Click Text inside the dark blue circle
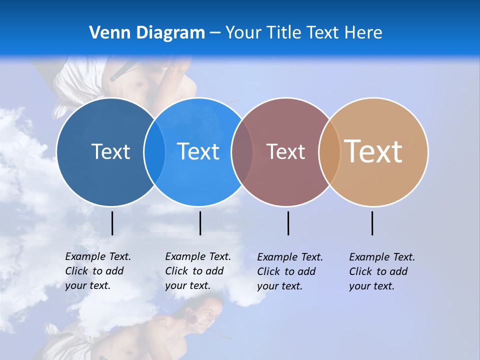tap(110, 151)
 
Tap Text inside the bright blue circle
tap(198, 151)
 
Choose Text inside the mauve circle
tap(285, 151)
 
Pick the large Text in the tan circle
tap(373, 151)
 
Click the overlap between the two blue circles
tap(154, 151)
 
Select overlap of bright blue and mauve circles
tap(242, 151)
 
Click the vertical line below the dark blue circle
tap(112, 223)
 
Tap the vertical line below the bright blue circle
tap(200, 223)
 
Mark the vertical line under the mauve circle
tap(288, 223)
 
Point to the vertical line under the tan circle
tap(372, 223)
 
